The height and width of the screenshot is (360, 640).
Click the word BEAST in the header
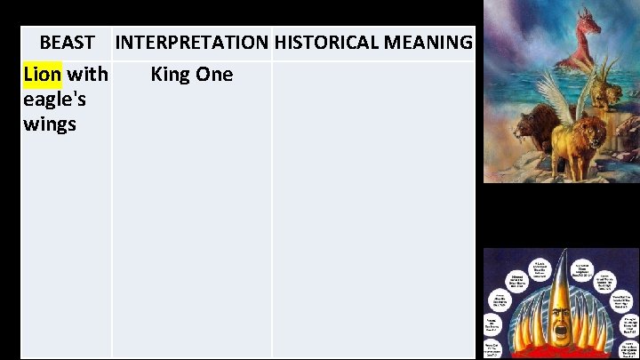(67, 42)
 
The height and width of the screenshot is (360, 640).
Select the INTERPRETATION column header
(191, 42)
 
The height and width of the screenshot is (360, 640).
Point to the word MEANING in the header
(428, 42)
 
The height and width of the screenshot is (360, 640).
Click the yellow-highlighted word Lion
(43, 74)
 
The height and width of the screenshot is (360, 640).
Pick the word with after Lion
(87, 74)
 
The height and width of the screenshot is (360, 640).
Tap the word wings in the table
(50, 124)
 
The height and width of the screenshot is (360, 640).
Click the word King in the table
(172, 74)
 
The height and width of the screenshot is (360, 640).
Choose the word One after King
(214, 74)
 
